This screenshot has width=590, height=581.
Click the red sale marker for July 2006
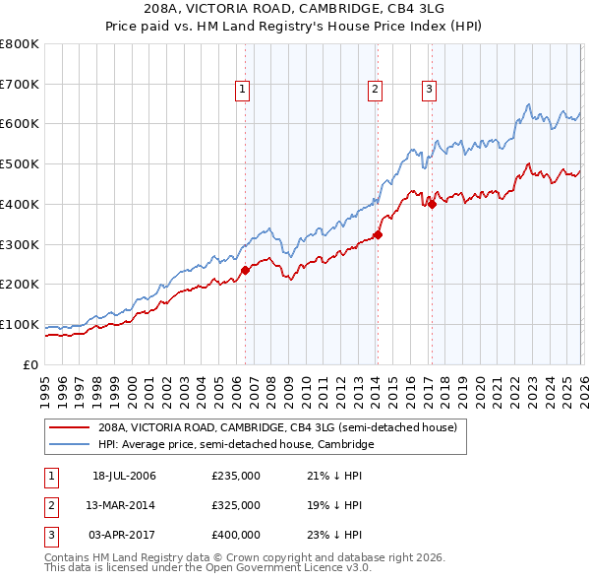point(245,270)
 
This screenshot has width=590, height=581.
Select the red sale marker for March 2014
point(378,234)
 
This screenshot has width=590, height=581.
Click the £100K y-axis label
point(19,324)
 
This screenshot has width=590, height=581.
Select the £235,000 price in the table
point(236,476)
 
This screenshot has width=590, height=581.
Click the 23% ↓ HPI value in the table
point(334,535)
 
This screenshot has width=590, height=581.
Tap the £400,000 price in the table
point(236,535)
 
